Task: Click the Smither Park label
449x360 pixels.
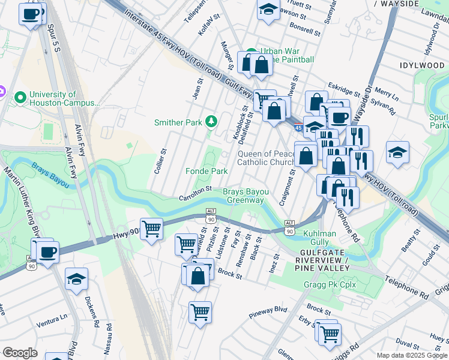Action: (x=178, y=122)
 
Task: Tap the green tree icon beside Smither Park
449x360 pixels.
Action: (x=211, y=122)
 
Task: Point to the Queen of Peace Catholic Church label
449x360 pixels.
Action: (x=266, y=158)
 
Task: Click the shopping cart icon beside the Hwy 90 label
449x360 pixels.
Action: (x=151, y=228)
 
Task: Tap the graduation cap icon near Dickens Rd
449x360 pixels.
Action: (x=76, y=279)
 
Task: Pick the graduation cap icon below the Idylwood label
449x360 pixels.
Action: (x=397, y=152)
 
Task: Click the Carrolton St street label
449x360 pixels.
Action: (x=195, y=193)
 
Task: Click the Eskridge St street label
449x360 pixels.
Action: (x=344, y=90)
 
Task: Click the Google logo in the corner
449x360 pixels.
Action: (x=20, y=353)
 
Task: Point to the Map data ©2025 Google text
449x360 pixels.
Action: (x=411, y=355)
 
